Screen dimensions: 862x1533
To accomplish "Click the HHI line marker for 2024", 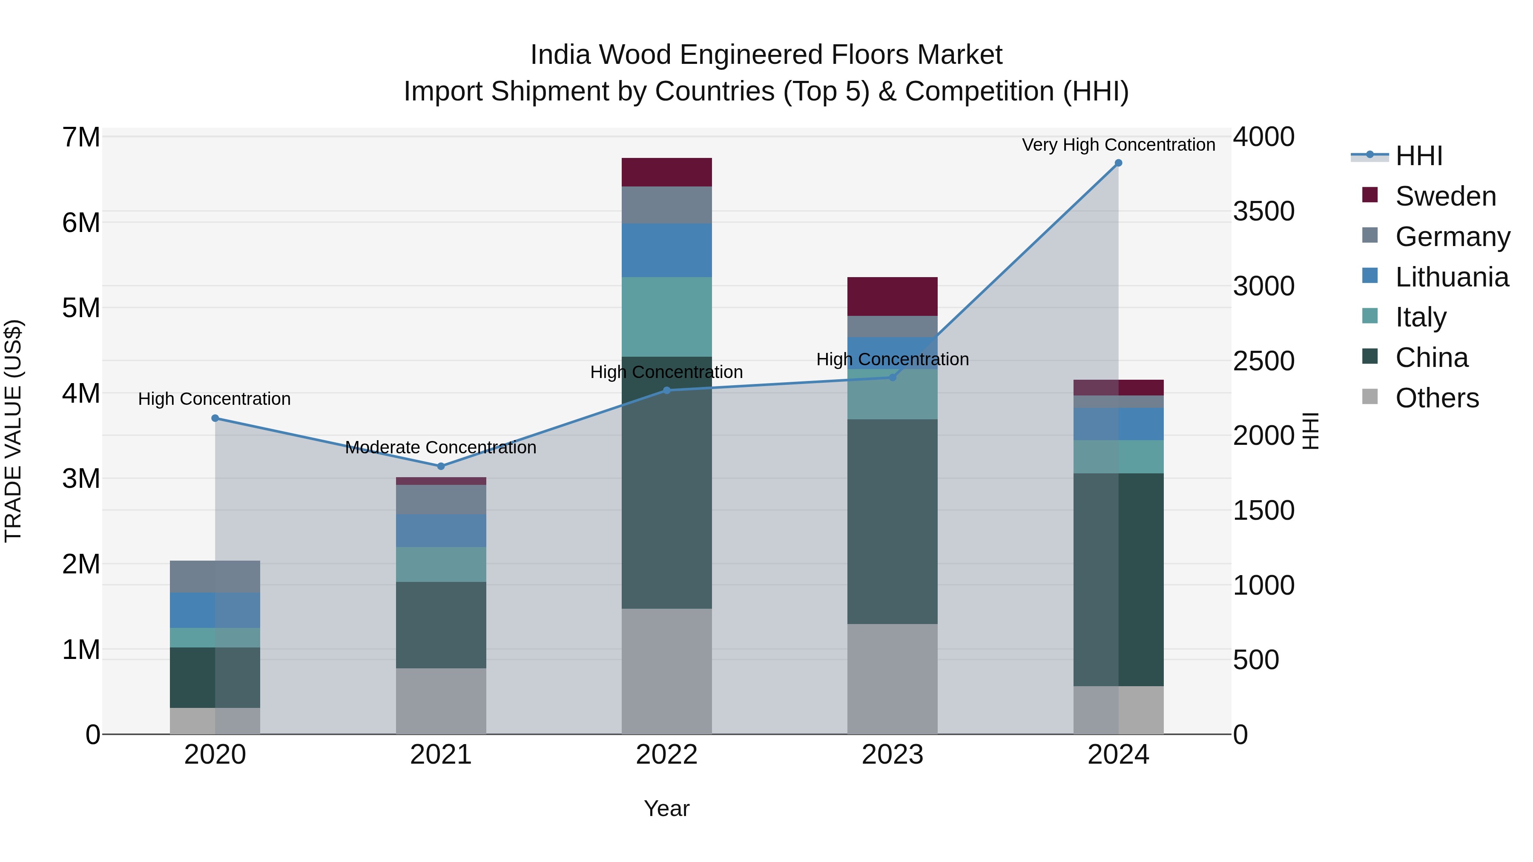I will pos(1118,163).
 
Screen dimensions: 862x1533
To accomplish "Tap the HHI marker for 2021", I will pos(441,467).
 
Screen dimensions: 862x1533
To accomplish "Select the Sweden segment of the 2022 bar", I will pos(666,172).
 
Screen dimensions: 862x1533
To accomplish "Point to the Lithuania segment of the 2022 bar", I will pos(666,250).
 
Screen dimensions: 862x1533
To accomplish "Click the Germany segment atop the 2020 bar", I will pos(215,576).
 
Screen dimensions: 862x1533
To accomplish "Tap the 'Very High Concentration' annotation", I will pos(1118,145).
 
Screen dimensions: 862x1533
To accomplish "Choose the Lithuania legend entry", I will pos(1452,277).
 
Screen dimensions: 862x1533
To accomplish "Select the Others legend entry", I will pos(1437,398).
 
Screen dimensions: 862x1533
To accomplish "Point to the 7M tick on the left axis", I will pos(81,137).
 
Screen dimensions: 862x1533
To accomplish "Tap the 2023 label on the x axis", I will pos(892,755).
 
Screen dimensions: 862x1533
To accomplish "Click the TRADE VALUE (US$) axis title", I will pos(13,431).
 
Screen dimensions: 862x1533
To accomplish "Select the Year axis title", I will pos(666,808).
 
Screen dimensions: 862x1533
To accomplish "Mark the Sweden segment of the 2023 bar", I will pos(892,296).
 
